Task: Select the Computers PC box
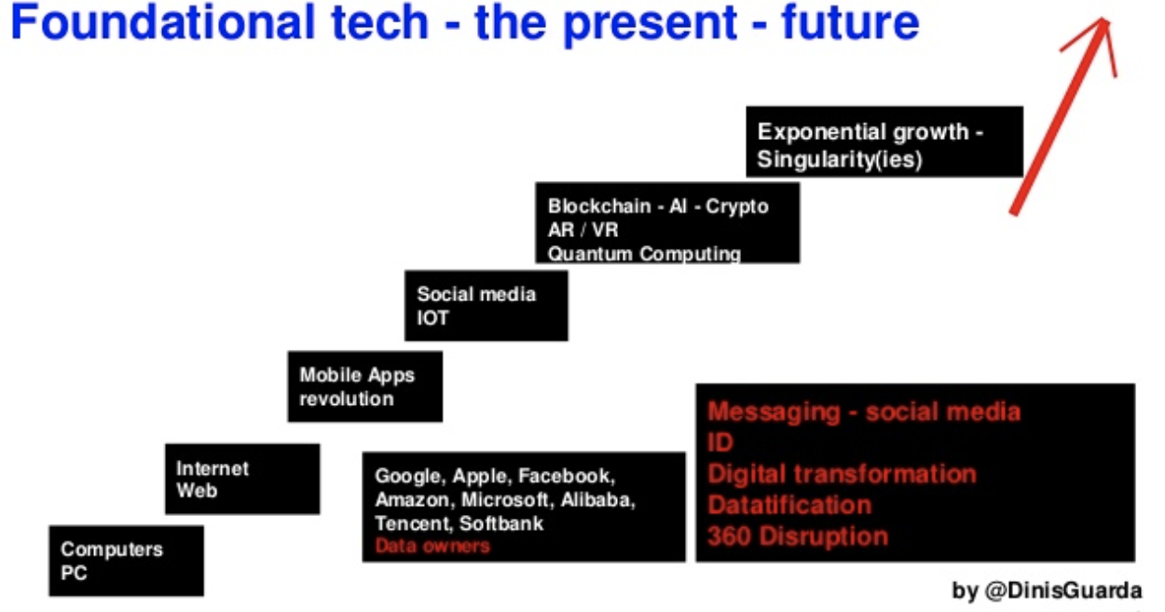[126, 561]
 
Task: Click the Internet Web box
[242, 479]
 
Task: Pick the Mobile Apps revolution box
[364, 386]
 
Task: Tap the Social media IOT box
[486, 305]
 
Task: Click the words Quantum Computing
[644, 254]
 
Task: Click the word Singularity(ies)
[839, 160]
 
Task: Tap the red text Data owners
[432, 546]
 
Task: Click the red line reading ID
[720, 442]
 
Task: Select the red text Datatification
[789, 505]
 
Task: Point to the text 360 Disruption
[797, 535]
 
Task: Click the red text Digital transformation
[842, 473]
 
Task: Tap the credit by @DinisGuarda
[1046, 591]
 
